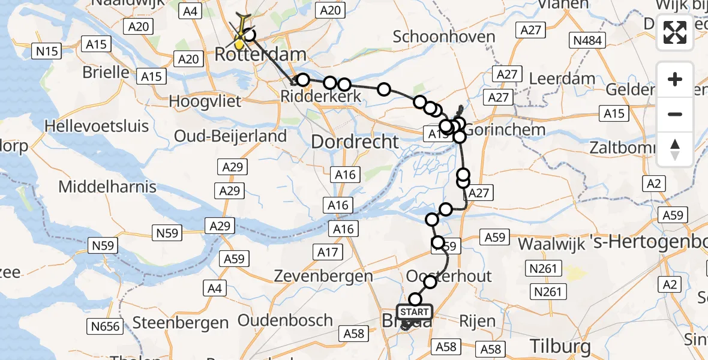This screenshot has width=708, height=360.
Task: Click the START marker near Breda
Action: [x=414, y=312]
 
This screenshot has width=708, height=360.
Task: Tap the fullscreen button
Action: [x=675, y=32]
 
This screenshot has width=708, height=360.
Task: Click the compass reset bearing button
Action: [x=675, y=149]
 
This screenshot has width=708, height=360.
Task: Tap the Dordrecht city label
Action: [x=355, y=142]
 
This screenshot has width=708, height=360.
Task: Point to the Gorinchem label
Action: [x=497, y=129]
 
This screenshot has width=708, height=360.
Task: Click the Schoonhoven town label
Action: [x=444, y=37]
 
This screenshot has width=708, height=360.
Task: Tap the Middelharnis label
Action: [x=107, y=187]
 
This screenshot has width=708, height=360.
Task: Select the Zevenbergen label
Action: [x=323, y=276]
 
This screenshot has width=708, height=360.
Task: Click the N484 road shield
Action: [x=589, y=40]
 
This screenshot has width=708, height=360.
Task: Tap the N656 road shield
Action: [x=106, y=326]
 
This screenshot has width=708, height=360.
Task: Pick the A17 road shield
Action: [x=328, y=252]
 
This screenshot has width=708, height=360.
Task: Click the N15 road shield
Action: [x=47, y=51]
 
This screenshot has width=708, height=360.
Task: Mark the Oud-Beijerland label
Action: [x=230, y=136]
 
